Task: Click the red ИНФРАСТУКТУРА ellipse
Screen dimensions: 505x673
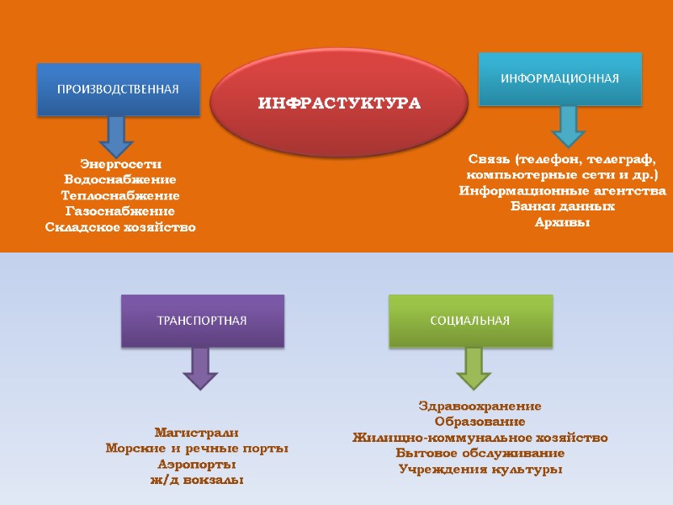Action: tap(338, 104)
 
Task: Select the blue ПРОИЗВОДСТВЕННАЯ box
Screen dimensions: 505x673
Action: tap(118, 89)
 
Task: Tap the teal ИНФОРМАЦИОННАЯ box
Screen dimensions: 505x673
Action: tap(560, 79)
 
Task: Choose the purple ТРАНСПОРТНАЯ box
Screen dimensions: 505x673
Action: tap(203, 321)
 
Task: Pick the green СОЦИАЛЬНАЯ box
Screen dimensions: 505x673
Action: tap(470, 321)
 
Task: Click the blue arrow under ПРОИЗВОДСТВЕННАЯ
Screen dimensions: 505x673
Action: tap(116, 136)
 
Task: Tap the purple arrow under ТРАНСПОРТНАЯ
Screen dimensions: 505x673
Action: tap(200, 369)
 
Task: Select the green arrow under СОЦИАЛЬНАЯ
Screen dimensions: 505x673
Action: tap(473, 367)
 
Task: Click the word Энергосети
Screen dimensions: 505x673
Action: tap(120, 163)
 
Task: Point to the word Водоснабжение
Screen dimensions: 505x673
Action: tap(120, 179)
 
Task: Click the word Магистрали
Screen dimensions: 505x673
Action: tap(197, 433)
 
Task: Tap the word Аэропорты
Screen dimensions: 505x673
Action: tap(197, 465)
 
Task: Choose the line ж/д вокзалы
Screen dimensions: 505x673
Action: tap(197, 481)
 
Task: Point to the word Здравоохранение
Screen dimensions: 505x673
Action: tap(480, 406)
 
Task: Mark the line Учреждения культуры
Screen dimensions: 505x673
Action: tap(480, 470)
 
